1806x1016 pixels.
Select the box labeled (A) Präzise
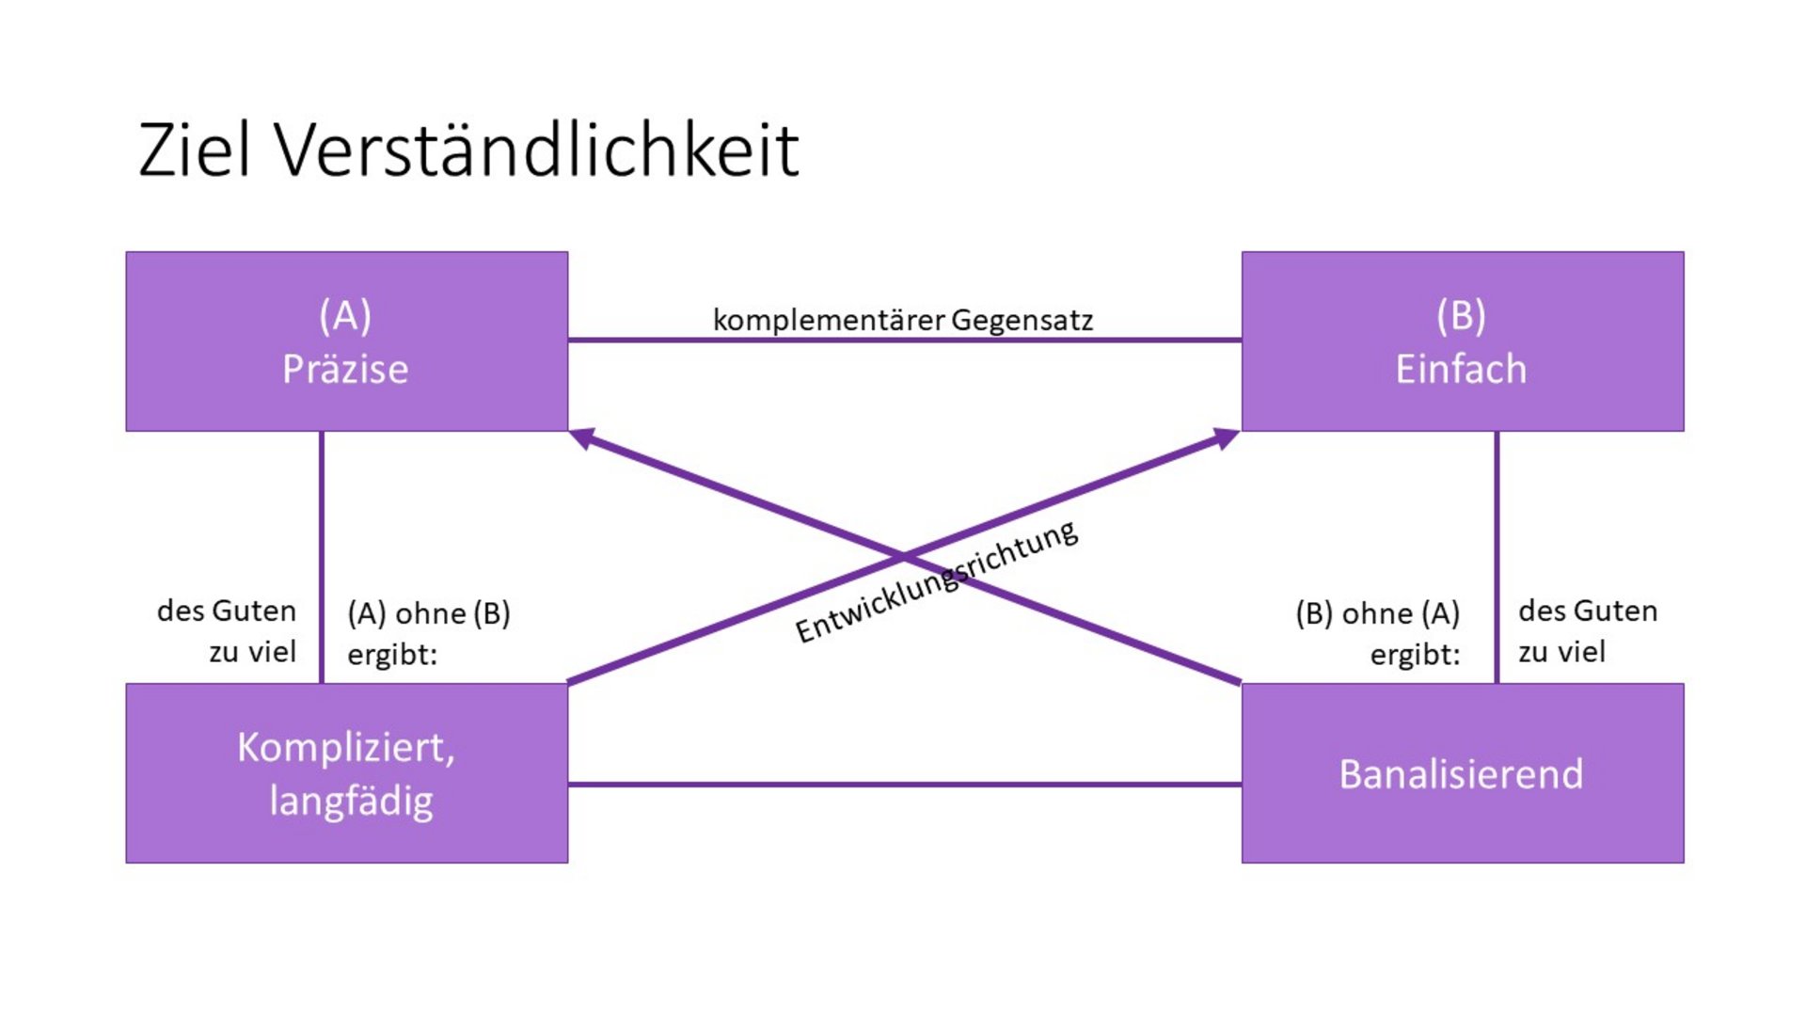click(x=347, y=341)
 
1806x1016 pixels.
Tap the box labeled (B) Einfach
click(x=1463, y=341)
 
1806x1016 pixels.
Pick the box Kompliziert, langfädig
click(x=347, y=773)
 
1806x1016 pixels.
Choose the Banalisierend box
click(x=1463, y=773)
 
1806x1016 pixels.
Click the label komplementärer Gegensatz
click(x=903, y=320)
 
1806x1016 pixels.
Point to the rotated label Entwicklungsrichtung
click(x=937, y=581)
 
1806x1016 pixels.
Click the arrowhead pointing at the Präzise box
click(x=582, y=437)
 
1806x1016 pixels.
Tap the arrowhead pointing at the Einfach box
click(x=1226, y=437)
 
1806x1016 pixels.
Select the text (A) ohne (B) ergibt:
click(x=429, y=633)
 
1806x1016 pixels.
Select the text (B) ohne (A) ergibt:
click(x=1378, y=633)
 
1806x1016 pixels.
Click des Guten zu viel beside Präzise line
click(x=227, y=630)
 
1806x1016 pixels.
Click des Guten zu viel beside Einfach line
click(x=1588, y=630)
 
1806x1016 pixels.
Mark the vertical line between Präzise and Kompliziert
click(x=322, y=558)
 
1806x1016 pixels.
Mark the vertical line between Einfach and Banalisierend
click(x=1497, y=558)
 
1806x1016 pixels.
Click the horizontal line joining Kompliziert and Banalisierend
click(x=905, y=784)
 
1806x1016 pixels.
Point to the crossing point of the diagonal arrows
click(x=904, y=556)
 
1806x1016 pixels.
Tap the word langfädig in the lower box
click(x=351, y=802)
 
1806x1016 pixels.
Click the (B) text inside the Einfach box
click(x=1461, y=315)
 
